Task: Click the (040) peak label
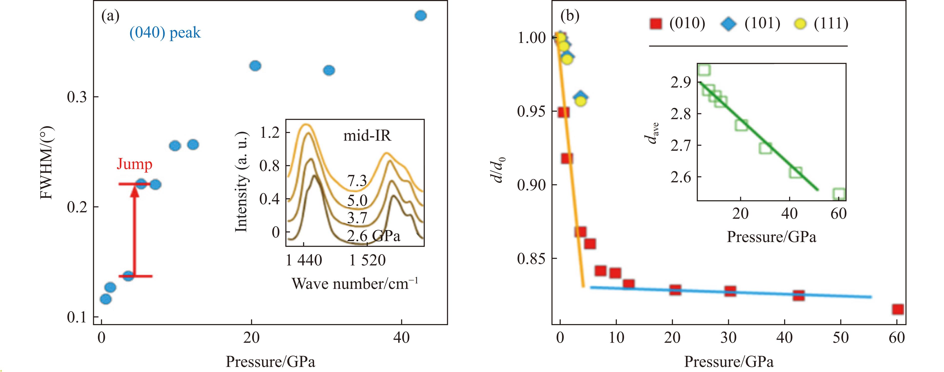click(165, 33)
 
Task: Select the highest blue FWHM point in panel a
click(420, 16)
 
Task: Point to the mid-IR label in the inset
click(367, 136)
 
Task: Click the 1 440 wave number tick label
click(304, 260)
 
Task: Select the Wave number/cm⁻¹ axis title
click(355, 284)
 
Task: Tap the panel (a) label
click(110, 16)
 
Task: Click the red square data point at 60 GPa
click(898, 309)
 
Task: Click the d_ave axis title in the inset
click(651, 134)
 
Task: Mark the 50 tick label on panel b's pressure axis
click(840, 338)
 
